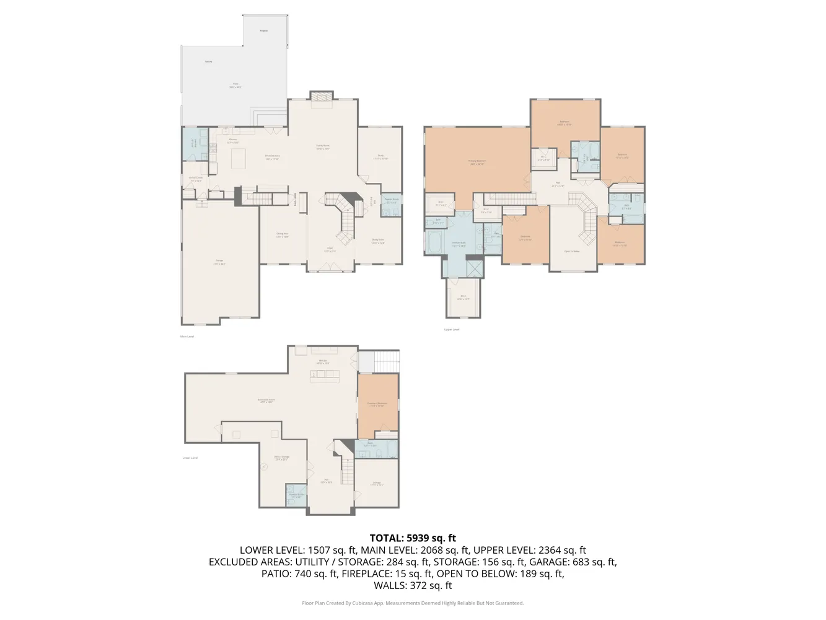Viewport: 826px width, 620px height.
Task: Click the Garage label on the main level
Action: pyautogui.click(x=220, y=263)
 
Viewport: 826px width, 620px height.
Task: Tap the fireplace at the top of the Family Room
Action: pyautogui.click(x=322, y=97)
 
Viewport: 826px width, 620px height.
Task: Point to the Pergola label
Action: pyautogui.click(x=264, y=30)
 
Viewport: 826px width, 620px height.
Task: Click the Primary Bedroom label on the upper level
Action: pyautogui.click(x=477, y=162)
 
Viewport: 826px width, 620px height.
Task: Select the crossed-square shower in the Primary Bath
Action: pyautogui.click(x=475, y=268)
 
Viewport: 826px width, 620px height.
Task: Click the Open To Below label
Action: pyautogui.click(x=571, y=251)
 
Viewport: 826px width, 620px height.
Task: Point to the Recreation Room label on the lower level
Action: pyautogui.click(x=266, y=401)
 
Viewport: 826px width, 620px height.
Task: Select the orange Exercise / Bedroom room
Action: pyautogui.click(x=377, y=405)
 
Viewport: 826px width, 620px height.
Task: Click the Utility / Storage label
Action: pyautogui.click(x=282, y=458)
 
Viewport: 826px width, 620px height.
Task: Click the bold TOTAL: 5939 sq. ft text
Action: pyautogui.click(x=413, y=538)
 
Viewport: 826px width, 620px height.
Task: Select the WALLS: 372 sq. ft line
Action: pyautogui.click(x=413, y=585)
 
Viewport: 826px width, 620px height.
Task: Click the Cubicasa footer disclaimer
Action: pyautogui.click(x=413, y=603)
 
